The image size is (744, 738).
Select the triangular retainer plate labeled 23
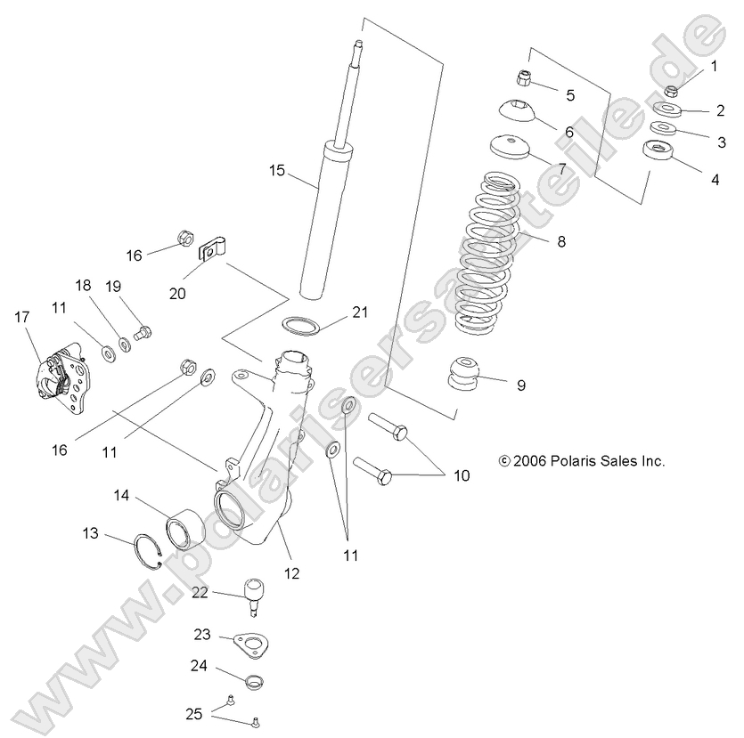pyautogui.click(x=250, y=645)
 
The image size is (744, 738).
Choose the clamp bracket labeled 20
pyautogui.click(x=214, y=248)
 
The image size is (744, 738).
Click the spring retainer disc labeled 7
pyautogui.click(x=508, y=146)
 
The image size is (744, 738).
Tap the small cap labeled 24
pyautogui.click(x=254, y=683)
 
